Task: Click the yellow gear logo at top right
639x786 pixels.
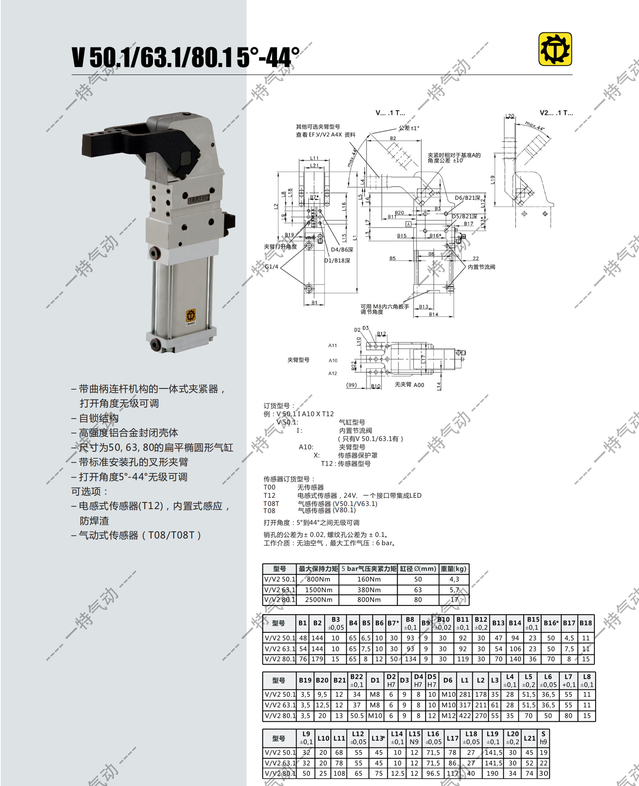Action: coord(555,50)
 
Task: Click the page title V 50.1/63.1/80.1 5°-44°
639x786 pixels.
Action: coord(185,57)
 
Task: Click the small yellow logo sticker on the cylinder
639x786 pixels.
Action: coord(191,316)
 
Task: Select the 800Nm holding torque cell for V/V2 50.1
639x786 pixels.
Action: coord(318,579)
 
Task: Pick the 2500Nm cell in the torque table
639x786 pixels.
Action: coord(318,600)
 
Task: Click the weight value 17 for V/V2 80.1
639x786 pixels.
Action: coord(454,600)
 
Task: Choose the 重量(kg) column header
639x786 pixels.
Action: coord(453,569)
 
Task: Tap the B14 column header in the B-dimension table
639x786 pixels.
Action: coord(515,623)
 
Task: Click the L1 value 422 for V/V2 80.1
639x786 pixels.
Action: coord(465,716)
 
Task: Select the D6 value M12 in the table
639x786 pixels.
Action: coord(448,716)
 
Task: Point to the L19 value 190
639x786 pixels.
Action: coord(493,773)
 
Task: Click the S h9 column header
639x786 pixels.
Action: coord(543,738)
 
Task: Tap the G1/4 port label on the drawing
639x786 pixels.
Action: coord(271,267)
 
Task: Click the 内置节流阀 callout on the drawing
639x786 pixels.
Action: coord(482,267)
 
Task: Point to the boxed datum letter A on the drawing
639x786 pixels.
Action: coord(408,224)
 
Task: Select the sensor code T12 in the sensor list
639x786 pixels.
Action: coord(270,495)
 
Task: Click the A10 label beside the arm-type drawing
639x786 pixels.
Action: coord(333,361)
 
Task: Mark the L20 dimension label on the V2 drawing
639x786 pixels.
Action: coord(510,116)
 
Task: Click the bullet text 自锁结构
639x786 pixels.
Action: coord(99,418)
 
